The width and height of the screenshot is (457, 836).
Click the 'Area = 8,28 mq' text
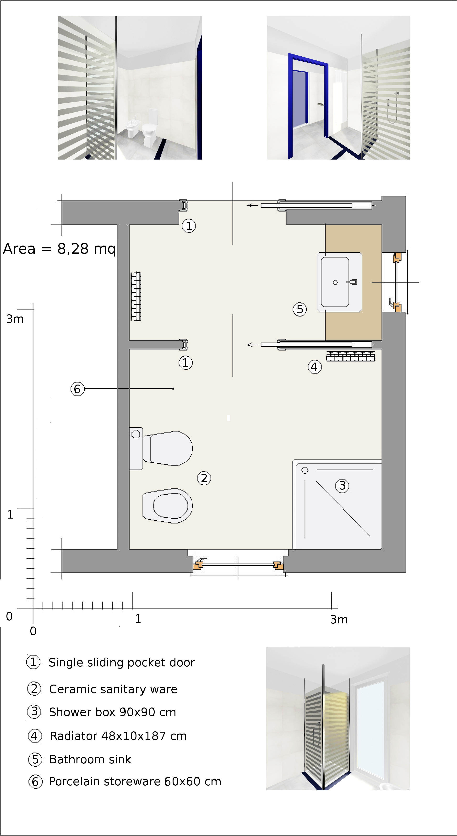pos(59,249)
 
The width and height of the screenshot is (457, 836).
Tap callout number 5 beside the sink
pos(300,309)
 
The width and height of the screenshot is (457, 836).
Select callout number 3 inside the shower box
pos(342,486)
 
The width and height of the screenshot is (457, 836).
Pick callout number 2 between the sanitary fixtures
pos(204,478)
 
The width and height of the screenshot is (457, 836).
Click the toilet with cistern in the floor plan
pos(161,448)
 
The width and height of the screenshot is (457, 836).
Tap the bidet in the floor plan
pos(168,506)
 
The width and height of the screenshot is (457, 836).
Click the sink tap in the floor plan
pos(352,282)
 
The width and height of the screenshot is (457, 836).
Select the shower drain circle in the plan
pos(305,470)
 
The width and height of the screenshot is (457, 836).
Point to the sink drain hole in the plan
pos(335,282)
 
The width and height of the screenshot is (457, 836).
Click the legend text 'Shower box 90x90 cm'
pos(112,712)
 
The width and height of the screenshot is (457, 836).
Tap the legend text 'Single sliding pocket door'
pos(121,662)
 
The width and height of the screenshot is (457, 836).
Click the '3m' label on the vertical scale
pos(15,319)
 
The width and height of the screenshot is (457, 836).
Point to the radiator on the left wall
pos(136,296)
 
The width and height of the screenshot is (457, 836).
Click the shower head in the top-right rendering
pos(397,93)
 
